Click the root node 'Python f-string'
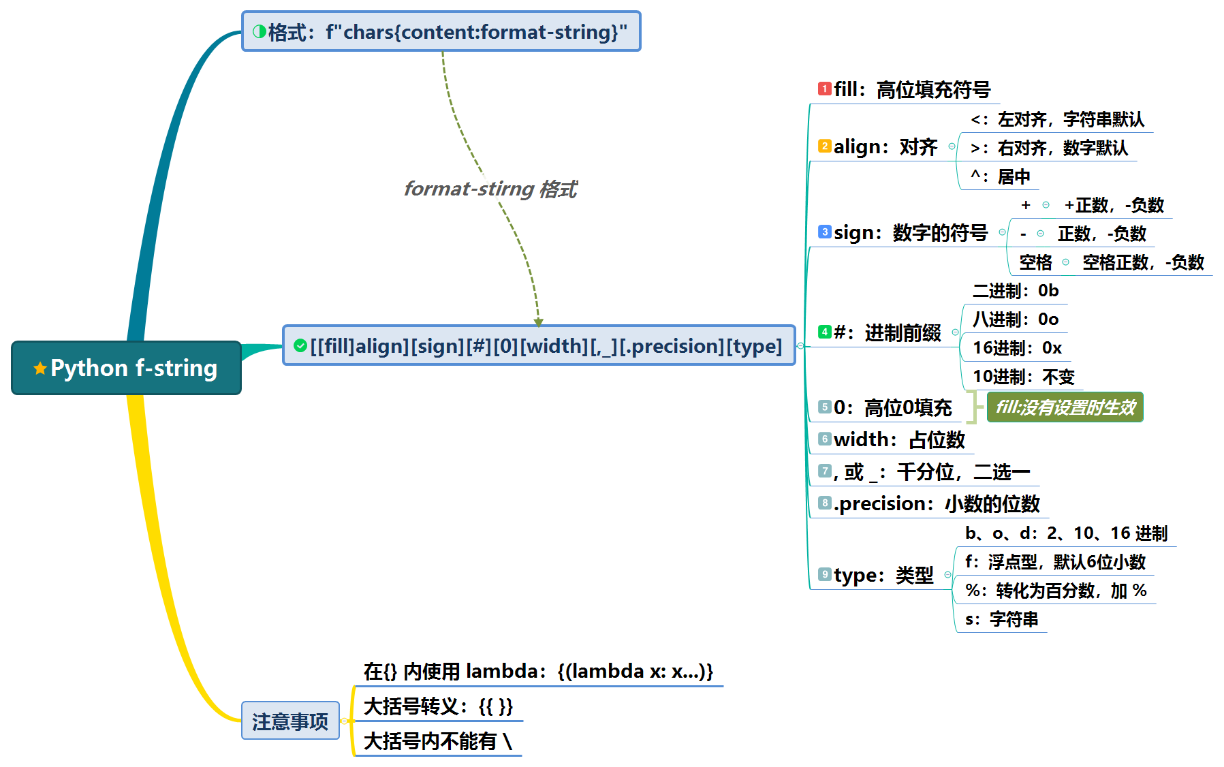(x=126, y=368)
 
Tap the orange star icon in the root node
(x=40, y=369)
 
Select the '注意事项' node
(x=290, y=721)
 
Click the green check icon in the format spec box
(x=300, y=346)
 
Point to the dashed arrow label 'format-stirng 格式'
(x=490, y=189)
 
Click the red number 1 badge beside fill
(x=825, y=89)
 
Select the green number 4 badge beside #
(x=825, y=332)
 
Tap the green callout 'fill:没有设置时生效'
(x=1065, y=407)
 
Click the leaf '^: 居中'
(x=1001, y=176)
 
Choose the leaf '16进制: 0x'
(x=1017, y=348)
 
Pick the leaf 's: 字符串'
(x=1001, y=619)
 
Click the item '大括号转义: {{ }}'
(x=439, y=706)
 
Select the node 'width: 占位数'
(x=899, y=439)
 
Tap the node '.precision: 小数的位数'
(x=937, y=503)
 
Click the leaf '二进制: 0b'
(x=1016, y=291)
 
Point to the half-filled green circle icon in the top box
(x=260, y=31)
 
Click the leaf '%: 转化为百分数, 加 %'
(x=1056, y=591)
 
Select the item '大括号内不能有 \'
(x=438, y=741)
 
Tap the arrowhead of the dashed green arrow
(x=538, y=322)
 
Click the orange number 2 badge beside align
(x=825, y=146)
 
